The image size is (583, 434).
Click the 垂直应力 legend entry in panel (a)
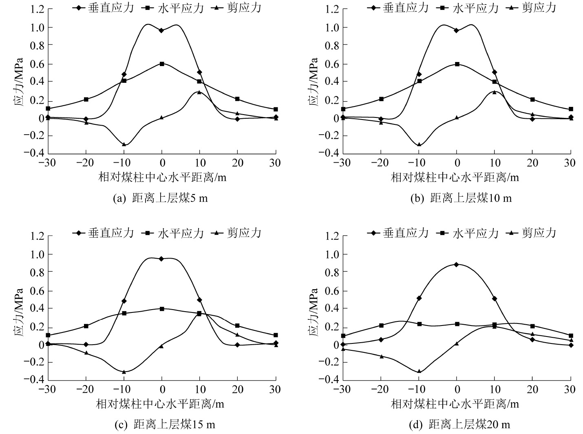tap(105, 8)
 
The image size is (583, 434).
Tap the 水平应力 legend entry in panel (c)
tap(174, 233)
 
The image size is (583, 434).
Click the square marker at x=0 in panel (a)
tap(162, 64)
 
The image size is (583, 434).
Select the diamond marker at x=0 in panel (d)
tap(457, 264)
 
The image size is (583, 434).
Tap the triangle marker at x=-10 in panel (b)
tap(419, 144)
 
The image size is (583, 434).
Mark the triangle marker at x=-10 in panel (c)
tap(124, 372)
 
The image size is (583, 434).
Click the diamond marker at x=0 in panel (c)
tap(162, 259)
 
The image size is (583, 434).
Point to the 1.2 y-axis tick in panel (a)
tap(36, 10)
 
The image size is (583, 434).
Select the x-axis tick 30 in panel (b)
tap(570, 163)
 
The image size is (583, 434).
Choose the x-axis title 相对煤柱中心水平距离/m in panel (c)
tap(160, 404)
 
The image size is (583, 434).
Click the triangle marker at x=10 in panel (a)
tap(199, 92)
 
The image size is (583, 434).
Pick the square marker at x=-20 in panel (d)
tap(381, 325)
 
